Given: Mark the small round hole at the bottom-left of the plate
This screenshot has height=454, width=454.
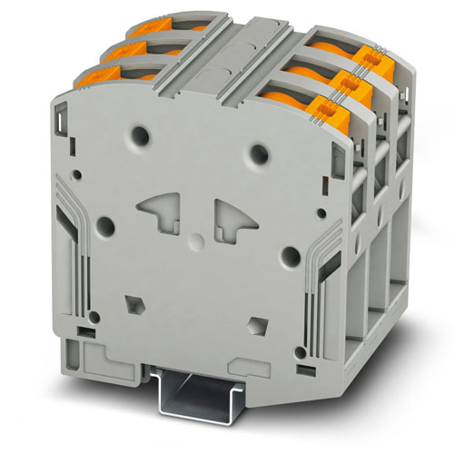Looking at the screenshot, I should tap(93, 317).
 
